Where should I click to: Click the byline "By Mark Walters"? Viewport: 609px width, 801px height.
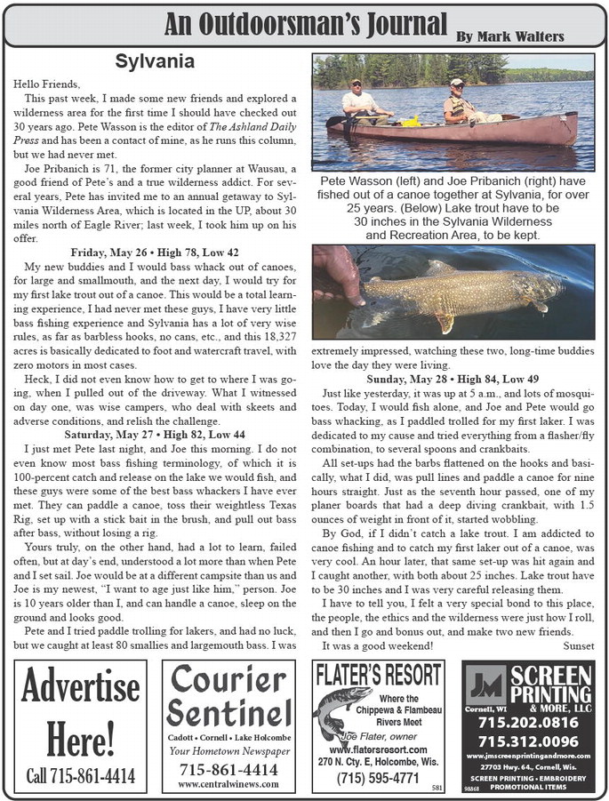pos(510,36)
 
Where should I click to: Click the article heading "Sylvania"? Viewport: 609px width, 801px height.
pos(155,62)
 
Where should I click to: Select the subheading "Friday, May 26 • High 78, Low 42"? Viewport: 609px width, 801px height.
pos(156,252)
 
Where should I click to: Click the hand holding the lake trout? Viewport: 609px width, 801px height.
pos(341,276)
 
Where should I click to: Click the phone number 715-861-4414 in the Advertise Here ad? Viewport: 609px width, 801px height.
pos(81,775)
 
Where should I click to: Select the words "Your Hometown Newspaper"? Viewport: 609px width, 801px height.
pos(228,750)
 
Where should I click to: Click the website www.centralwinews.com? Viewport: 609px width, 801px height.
pos(228,784)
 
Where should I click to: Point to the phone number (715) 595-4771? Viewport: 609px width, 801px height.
pos(379,778)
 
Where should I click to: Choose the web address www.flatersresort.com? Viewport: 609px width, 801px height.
pos(379,749)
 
